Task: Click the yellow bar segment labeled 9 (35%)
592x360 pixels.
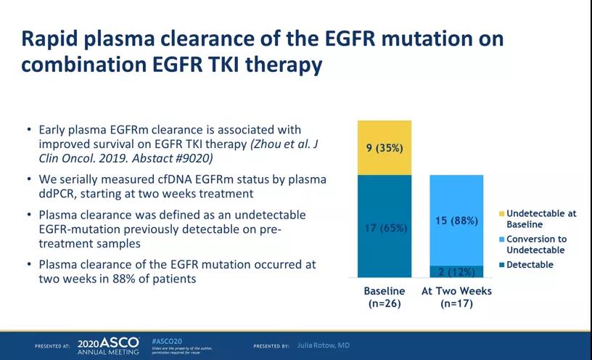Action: coord(385,148)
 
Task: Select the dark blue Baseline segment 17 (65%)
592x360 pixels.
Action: coord(385,226)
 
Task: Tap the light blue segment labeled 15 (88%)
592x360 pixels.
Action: coord(457,221)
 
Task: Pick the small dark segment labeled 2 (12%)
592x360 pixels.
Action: coord(457,272)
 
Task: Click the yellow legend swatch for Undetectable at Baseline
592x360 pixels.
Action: coord(501,213)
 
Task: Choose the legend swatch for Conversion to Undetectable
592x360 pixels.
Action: coord(501,239)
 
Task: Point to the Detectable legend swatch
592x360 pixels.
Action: coord(501,265)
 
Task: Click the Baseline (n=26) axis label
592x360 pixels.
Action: coord(385,297)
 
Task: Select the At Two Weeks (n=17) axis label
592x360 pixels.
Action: coord(457,297)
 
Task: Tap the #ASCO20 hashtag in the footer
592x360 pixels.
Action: coord(166,339)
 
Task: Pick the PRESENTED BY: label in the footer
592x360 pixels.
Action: coord(272,346)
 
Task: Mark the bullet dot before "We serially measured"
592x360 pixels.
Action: coord(28,179)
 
